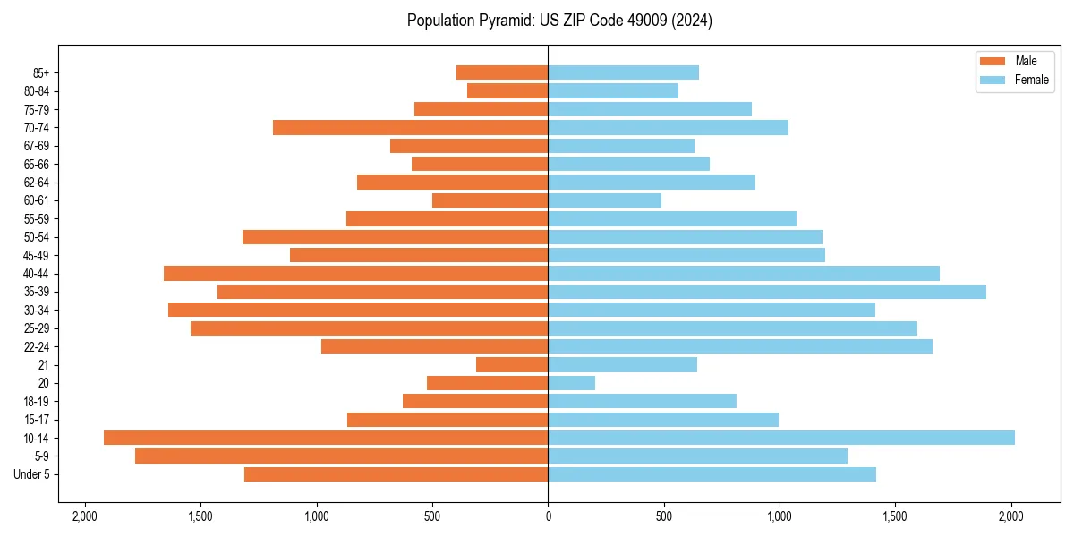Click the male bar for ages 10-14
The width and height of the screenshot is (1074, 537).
(x=326, y=438)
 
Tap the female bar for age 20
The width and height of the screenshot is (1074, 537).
(x=571, y=383)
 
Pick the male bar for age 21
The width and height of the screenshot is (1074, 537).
(x=512, y=364)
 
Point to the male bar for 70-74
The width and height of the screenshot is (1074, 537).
(x=410, y=127)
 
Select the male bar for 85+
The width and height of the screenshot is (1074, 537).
(x=502, y=72)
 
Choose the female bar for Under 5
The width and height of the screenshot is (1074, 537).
(x=712, y=474)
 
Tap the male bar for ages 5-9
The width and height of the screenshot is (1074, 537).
(x=341, y=456)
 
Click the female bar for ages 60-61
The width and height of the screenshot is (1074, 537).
(x=604, y=200)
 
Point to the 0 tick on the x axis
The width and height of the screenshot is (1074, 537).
(x=548, y=516)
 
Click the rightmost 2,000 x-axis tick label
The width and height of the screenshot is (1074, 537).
(x=1011, y=516)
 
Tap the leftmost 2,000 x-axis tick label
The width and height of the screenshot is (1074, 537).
(x=85, y=516)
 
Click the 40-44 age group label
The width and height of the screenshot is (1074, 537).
(x=37, y=274)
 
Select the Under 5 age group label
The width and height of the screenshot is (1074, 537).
(x=31, y=474)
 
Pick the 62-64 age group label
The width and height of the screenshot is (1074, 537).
(x=37, y=183)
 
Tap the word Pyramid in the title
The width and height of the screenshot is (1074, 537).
(x=505, y=21)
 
